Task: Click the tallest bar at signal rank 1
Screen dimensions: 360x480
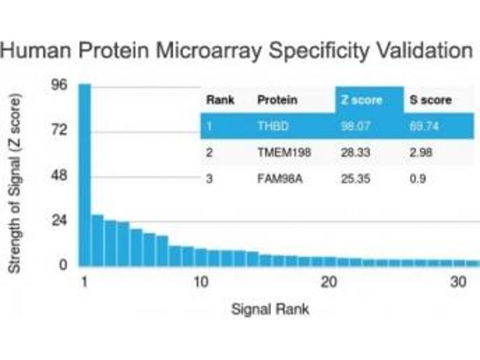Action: click(85, 174)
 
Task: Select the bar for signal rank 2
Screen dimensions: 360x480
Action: click(97, 240)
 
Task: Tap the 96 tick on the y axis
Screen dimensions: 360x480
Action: click(59, 85)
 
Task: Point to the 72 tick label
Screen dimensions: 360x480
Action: click(59, 130)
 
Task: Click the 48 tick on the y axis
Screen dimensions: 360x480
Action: click(59, 176)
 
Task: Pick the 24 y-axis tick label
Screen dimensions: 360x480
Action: click(59, 221)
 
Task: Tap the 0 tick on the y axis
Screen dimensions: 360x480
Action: click(62, 266)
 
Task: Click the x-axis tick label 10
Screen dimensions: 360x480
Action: click(200, 282)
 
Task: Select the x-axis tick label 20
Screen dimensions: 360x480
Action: click(328, 282)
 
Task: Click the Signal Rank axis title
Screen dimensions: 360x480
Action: click(271, 310)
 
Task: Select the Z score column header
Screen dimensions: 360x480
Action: click(361, 100)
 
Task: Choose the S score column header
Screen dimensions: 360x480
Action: click(430, 100)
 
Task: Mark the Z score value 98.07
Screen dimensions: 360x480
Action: click(354, 127)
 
